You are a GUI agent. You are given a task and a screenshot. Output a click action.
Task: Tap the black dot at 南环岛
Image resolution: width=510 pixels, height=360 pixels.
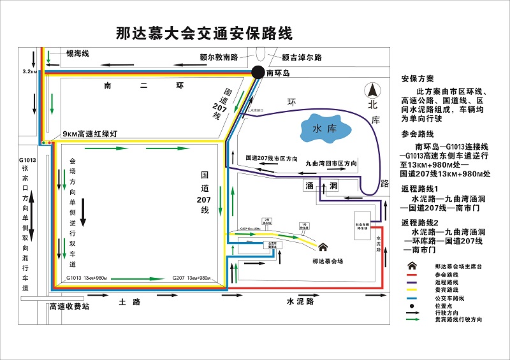[258, 73]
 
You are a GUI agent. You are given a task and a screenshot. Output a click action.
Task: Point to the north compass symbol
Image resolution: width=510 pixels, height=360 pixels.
[372, 92]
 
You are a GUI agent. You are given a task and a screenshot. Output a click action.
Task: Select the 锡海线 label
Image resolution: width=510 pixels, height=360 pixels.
[77, 54]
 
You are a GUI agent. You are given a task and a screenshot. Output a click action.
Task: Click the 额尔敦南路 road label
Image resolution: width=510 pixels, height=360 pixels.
[218, 57]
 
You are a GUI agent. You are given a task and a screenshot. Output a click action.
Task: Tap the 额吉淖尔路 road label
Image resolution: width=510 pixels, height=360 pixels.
[302, 57]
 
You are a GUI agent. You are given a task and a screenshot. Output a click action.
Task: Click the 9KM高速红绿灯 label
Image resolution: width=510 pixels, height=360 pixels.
[90, 134]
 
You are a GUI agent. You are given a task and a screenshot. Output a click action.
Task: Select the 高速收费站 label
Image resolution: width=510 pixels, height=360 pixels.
[69, 306]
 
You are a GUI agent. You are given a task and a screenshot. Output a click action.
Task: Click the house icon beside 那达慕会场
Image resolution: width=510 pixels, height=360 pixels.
[323, 247]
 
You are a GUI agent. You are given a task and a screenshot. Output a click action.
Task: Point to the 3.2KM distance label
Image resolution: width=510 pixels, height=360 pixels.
[30, 72]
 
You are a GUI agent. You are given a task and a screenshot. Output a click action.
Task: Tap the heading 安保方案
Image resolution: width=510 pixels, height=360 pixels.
[417, 79]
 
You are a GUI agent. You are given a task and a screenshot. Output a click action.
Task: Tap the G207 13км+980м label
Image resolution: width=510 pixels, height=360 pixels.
[191, 278]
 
